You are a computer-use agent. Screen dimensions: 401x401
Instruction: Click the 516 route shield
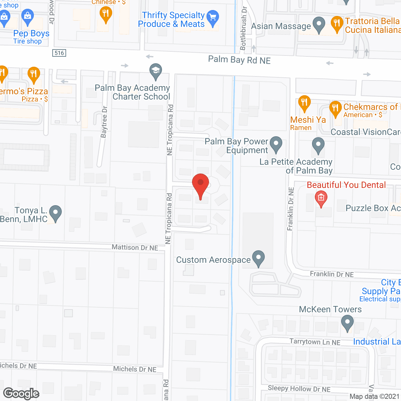59,53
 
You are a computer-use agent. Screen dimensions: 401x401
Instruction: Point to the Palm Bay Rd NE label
239,60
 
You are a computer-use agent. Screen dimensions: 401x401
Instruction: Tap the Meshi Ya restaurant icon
304,102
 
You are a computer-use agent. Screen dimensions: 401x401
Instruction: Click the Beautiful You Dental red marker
321,198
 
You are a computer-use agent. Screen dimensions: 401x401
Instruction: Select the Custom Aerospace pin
258,258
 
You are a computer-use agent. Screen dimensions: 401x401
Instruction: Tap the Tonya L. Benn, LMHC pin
55,213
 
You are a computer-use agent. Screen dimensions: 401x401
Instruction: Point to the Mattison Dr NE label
135,247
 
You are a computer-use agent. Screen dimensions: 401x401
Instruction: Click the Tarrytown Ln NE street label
315,342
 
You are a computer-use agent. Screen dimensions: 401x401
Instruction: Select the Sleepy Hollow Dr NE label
299,389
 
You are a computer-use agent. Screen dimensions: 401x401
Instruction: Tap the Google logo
21,393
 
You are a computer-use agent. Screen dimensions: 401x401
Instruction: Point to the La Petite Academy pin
318,145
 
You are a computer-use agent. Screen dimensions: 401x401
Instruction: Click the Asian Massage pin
319,24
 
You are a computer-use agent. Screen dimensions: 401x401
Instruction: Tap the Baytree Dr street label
104,122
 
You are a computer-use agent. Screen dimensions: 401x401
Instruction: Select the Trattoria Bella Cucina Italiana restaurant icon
337,24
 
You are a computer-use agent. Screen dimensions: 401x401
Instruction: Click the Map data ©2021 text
374,397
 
